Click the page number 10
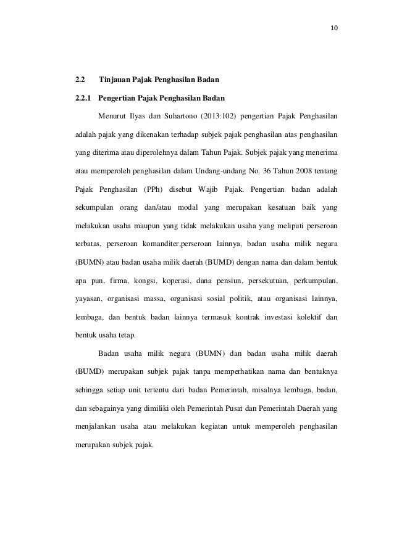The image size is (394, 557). [335, 28]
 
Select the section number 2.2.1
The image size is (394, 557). [83, 98]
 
